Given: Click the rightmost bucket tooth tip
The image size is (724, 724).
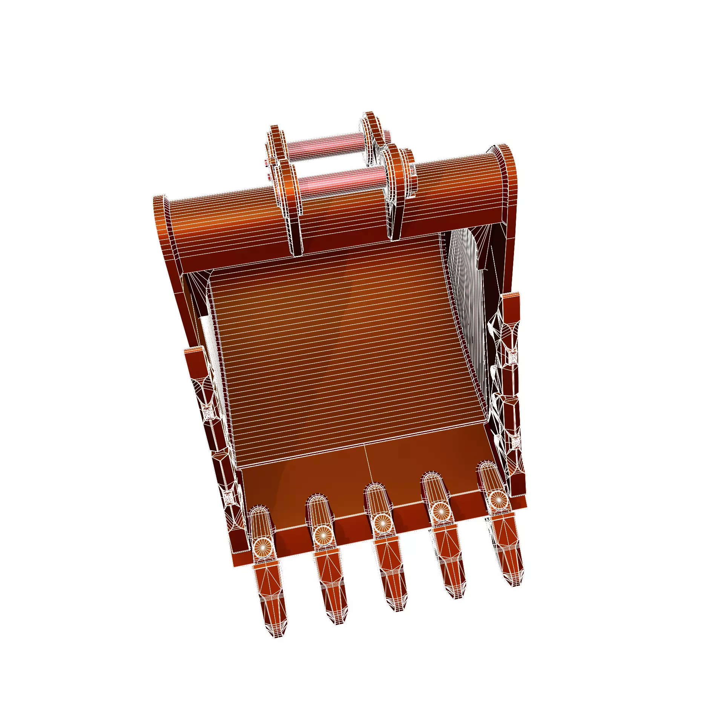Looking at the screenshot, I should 514,581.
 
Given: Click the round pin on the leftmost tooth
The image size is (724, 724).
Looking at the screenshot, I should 262,546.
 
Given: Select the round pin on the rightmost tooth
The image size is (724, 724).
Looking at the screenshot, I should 497,499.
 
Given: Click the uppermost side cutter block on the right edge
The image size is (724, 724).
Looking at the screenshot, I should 511,309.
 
